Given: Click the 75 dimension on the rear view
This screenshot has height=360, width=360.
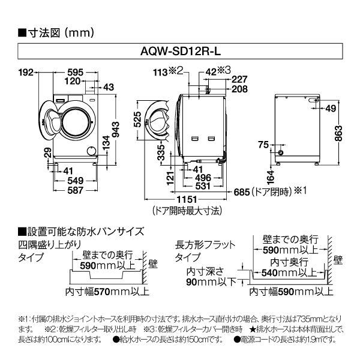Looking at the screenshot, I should coord(262,144).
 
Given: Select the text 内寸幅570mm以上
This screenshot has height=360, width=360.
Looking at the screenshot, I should coord(107,292).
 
